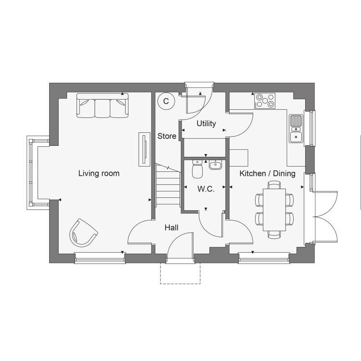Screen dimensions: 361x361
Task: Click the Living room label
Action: (99, 173)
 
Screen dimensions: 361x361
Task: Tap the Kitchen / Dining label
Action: (267, 173)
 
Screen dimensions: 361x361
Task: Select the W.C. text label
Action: (206, 189)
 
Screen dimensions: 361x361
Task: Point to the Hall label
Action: (171, 228)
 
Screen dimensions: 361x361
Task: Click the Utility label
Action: (206, 124)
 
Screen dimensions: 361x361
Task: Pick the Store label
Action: (167, 136)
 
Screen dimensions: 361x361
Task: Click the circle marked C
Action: (166, 101)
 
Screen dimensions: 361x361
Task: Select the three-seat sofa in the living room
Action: (102, 105)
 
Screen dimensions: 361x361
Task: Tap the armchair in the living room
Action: (83, 232)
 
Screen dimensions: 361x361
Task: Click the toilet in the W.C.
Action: (197, 169)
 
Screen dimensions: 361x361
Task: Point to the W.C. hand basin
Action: (216, 165)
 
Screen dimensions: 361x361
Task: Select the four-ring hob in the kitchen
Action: (265, 101)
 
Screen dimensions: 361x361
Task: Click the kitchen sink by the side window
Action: (296, 129)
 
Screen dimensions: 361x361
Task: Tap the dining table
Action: (274, 210)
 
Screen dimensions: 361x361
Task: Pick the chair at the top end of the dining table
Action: (274, 185)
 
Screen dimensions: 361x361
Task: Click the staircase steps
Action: (168, 185)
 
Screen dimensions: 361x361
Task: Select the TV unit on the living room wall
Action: (144, 149)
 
